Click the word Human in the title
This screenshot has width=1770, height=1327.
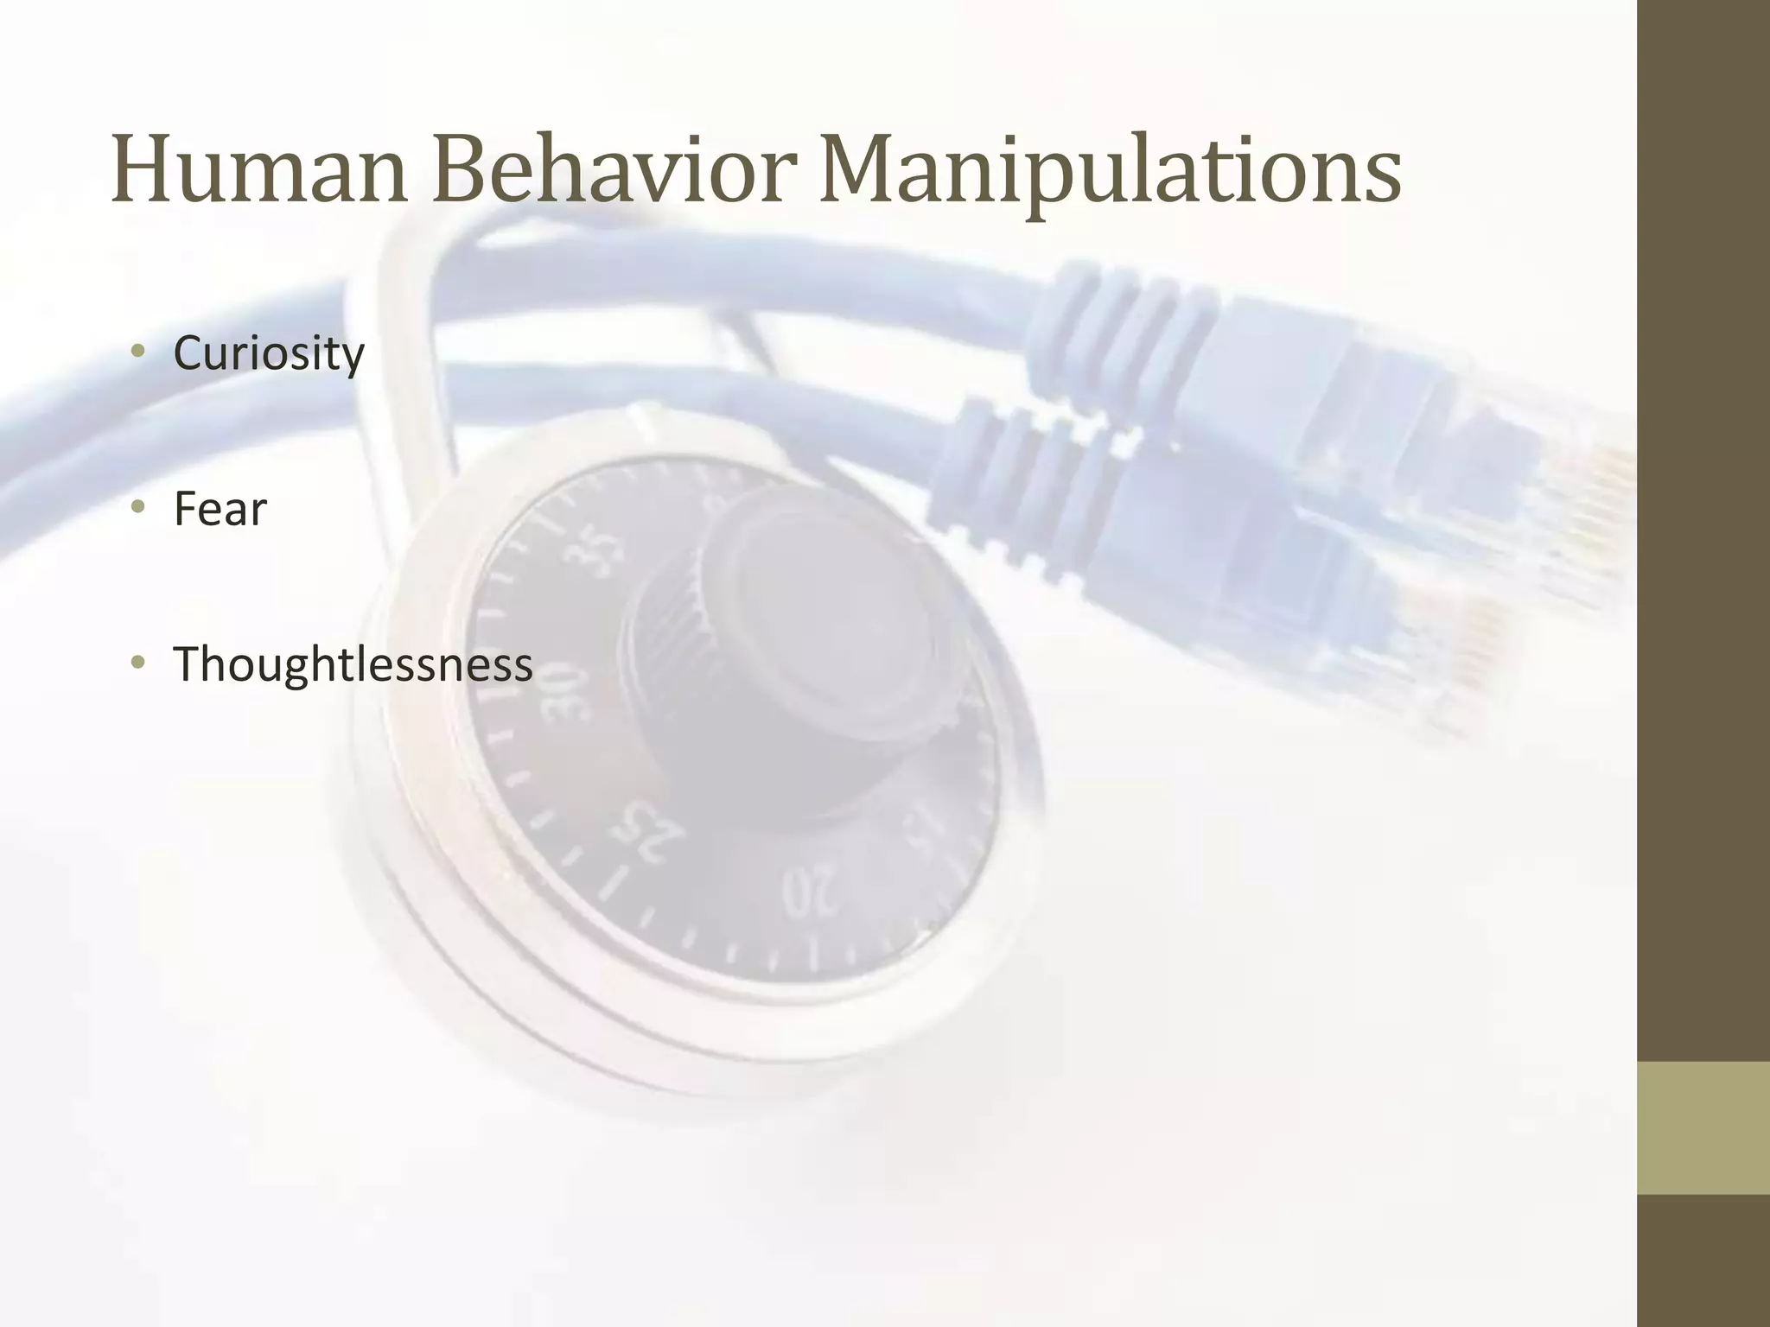[x=258, y=169]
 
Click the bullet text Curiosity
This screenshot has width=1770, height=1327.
[x=269, y=353]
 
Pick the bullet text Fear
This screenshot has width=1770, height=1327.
[x=220, y=509]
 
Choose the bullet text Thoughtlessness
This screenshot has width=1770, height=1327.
[x=353, y=664]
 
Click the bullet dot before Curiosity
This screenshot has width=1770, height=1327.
[x=137, y=352]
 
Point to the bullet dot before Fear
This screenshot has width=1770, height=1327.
[x=137, y=507]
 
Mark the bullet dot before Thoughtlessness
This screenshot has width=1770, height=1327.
[x=137, y=663]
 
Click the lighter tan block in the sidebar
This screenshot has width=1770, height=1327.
[x=1703, y=1127]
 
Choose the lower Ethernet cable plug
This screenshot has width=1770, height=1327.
[x=1279, y=553]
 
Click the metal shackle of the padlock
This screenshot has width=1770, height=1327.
[x=380, y=346]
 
